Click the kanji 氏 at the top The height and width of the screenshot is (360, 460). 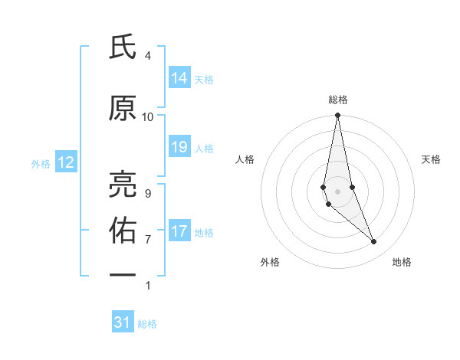click(x=122, y=48)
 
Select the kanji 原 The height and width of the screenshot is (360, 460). click(x=122, y=109)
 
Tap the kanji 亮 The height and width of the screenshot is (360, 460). click(x=122, y=182)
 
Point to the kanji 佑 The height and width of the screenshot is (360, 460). click(x=122, y=228)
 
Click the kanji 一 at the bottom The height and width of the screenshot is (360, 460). click(x=122, y=273)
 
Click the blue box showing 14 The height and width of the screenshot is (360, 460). click(x=179, y=78)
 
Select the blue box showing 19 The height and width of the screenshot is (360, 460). click(x=179, y=147)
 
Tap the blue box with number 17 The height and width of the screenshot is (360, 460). click(x=179, y=231)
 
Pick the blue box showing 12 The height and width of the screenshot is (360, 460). click(x=66, y=162)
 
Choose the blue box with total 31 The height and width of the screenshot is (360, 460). click(x=123, y=322)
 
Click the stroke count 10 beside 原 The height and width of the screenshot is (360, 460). click(x=148, y=117)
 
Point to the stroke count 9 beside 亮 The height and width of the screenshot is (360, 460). click(x=148, y=193)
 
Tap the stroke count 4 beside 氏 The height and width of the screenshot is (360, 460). click(x=148, y=56)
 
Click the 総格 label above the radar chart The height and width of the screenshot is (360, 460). click(x=338, y=100)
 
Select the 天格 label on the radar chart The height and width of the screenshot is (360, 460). click(x=431, y=159)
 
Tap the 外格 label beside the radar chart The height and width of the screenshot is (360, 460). click(x=270, y=262)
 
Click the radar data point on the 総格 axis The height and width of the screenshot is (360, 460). click(x=338, y=115)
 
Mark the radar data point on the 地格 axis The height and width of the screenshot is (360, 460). click(x=374, y=242)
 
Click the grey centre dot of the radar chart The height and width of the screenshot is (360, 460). click(x=338, y=191)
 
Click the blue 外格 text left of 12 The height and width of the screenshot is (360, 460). click(x=41, y=163)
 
